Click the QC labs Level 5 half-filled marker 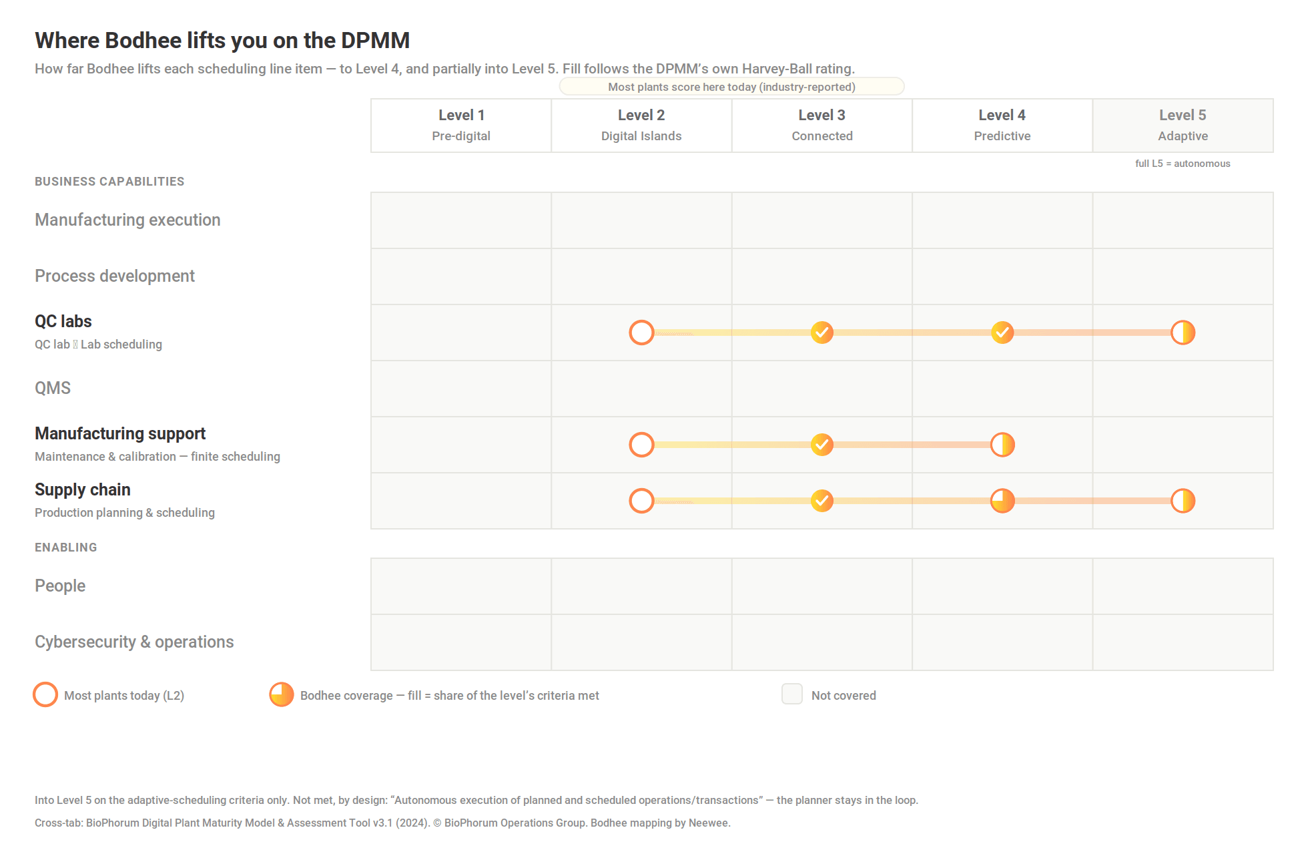click(x=1183, y=333)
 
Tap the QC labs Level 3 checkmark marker click(x=822, y=333)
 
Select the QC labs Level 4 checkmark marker click(x=1002, y=333)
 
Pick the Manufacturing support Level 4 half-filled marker click(x=1002, y=445)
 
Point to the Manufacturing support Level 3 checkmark click(x=822, y=445)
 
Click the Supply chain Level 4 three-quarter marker click(x=1002, y=501)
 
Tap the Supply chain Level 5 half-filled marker click(x=1183, y=501)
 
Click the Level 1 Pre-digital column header click(x=461, y=126)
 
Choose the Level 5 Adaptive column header click(x=1183, y=126)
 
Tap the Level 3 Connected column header click(x=822, y=126)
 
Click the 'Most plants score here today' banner click(x=731, y=87)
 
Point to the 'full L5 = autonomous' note click(x=1183, y=164)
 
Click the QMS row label click(x=53, y=388)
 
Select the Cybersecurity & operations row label click(x=134, y=642)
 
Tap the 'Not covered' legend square click(x=792, y=694)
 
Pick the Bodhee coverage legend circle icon click(x=281, y=694)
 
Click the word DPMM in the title click(x=375, y=40)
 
